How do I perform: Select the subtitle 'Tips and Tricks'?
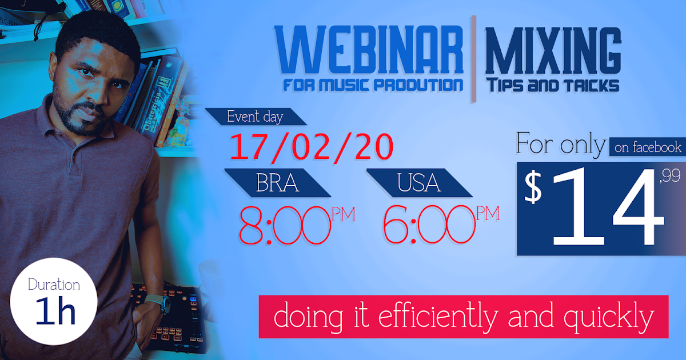coord(552,86)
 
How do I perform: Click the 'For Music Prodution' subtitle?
coord(373,85)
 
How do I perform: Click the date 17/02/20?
coord(312,147)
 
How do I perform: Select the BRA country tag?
coord(277,183)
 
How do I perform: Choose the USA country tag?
coord(420,183)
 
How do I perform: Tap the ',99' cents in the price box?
coord(669,178)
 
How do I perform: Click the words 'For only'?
coord(560,145)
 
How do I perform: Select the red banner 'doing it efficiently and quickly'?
coord(464,317)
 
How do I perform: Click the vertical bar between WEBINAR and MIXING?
coord(473,59)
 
